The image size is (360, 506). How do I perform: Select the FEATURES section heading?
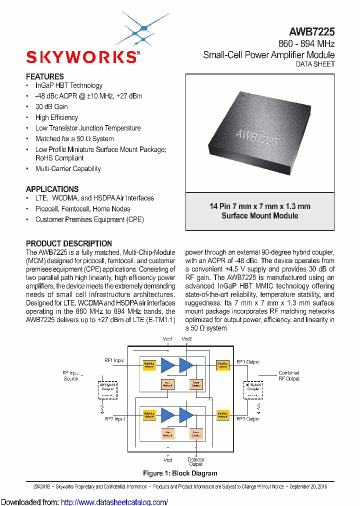coord(45,76)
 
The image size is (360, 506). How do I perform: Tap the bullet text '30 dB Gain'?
coord(51,106)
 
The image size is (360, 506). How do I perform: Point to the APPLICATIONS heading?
coord(52,189)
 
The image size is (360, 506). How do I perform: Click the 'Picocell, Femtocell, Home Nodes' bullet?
coord(82,209)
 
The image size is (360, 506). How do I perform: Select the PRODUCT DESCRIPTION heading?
coord(69,243)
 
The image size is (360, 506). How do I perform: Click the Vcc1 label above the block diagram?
coord(168,339)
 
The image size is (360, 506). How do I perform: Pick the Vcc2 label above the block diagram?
coord(186,339)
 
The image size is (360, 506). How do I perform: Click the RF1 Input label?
coord(114,360)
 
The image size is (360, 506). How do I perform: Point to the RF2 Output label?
coord(247,418)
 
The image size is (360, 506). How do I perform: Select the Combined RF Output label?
coord(289,375)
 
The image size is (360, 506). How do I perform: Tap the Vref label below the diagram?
coord(168,459)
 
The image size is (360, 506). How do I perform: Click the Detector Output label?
coord(196,461)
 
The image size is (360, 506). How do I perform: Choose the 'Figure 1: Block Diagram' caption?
coord(180,473)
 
